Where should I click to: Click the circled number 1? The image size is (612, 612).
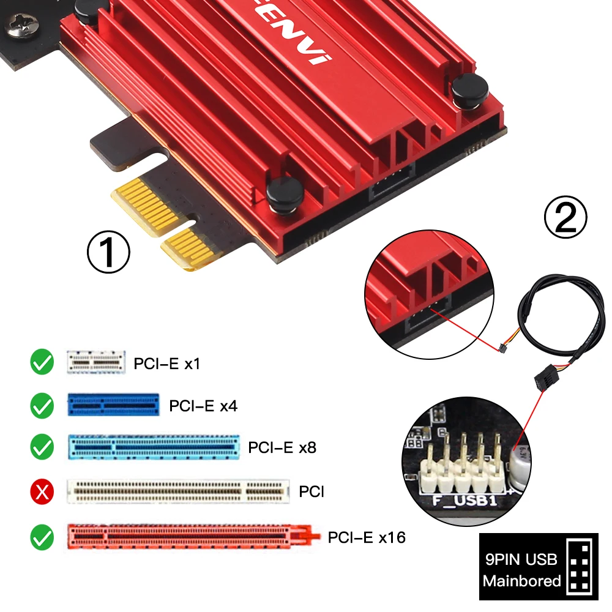tap(108, 252)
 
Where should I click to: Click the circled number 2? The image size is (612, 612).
tap(565, 217)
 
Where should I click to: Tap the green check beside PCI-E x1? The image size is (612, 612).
tap(42, 362)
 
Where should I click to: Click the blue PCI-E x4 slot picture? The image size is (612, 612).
tap(114, 405)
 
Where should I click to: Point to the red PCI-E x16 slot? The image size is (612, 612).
tap(194, 537)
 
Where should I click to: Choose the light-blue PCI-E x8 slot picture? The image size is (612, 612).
tap(154, 447)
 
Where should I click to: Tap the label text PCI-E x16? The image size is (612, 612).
tap(367, 537)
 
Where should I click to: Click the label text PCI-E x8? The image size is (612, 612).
tap(282, 447)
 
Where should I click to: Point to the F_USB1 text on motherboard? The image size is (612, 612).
tap(464, 501)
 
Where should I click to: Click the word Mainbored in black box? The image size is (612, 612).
tap(521, 581)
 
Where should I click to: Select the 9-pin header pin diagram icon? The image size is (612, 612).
tap(579, 565)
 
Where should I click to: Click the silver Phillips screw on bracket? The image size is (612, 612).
tap(22, 26)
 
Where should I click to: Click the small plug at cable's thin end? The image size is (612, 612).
tap(502, 348)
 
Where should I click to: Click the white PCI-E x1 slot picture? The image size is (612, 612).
tap(96, 362)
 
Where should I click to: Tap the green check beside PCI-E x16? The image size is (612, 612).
tap(42, 537)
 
